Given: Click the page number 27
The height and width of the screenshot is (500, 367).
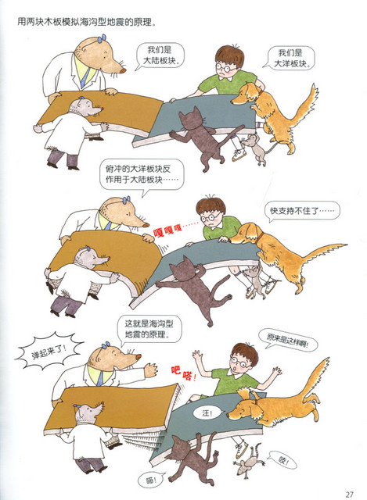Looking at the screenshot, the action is pos(349,494).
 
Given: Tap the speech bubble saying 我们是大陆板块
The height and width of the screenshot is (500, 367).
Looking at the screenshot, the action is pos(161,55).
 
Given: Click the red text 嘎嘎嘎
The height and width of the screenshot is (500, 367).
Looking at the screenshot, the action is pos(167,231).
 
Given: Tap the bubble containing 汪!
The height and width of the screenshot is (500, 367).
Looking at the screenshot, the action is pos(207,413).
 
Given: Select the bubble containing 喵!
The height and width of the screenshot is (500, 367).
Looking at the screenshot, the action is pos(151,480).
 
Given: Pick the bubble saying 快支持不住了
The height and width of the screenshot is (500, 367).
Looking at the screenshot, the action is pos(302,211).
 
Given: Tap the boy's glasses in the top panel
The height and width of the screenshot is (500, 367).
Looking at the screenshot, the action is pos(226,68).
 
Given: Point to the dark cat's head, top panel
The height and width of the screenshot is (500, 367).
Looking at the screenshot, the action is pos(191,120).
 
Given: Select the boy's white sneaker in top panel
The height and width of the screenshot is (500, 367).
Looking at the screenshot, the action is pos(239,155).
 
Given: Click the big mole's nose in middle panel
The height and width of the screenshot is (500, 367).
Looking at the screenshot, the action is pos(147,224).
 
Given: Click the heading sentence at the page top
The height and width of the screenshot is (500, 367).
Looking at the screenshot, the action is pos(87,23).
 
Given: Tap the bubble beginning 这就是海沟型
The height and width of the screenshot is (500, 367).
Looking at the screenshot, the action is pos(149,330).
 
